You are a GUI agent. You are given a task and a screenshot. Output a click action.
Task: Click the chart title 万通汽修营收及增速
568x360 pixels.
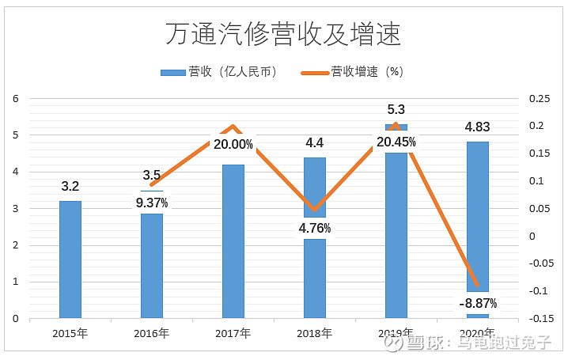pyautogui.click(x=282, y=34)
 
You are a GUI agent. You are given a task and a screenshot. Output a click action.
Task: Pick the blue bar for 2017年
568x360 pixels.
pyautogui.click(x=233, y=241)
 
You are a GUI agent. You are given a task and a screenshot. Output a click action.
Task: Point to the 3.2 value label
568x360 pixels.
pyautogui.click(x=70, y=187)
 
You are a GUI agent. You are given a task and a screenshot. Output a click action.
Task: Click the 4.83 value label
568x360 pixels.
pyautogui.click(x=477, y=127)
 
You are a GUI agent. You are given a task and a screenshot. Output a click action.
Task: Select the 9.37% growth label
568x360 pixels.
pyautogui.click(x=151, y=203)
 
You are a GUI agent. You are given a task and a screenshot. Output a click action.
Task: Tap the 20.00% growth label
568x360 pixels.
pyautogui.click(x=233, y=145)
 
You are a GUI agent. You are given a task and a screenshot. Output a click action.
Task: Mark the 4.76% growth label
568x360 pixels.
pyautogui.click(x=314, y=229)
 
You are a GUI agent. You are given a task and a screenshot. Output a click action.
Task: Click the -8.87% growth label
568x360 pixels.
pyautogui.click(x=477, y=303)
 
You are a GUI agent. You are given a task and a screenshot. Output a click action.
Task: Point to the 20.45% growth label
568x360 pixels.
pyautogui.click(x=396, y=142)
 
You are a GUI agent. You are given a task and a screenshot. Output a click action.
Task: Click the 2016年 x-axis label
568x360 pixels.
pyautogui.click(x=151, y=333)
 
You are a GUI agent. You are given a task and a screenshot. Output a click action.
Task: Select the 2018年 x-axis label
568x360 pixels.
pyautogui.click(x=314, y=333)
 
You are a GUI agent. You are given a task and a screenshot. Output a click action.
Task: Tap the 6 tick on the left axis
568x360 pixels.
pyautogui.click(x=15, y=99)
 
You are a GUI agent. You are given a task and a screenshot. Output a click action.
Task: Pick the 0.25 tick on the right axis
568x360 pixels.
pyautogui.click(x=538, y=99)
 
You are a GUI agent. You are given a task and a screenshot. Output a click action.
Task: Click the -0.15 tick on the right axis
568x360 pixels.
pyautogui.click(x=536, y=319)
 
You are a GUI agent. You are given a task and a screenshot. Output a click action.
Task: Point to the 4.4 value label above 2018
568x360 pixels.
pyautogui.click(x=314, y=143)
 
